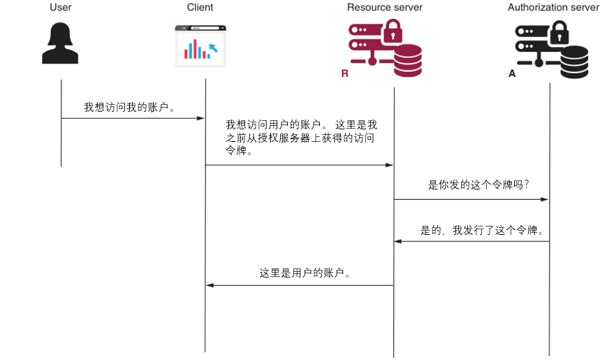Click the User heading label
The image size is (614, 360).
coord(61,8)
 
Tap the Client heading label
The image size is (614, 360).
coord(200,8)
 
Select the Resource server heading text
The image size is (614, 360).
coord(385,8)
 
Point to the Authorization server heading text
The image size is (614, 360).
coord(553,8)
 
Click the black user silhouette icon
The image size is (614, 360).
coord(60,44)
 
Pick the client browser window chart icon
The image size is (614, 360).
coord(200,46)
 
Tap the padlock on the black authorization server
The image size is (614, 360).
coord(559,31)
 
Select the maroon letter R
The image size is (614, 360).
coord(344,73)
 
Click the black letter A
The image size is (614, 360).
coord(512,73)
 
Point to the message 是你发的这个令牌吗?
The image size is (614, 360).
coord(478,185)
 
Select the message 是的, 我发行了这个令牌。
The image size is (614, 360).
coord(482,230)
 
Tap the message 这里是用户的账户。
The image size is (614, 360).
coord(305,273)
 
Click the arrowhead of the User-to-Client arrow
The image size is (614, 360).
coord(200,118)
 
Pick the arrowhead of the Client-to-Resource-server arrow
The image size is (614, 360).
coord(390,165)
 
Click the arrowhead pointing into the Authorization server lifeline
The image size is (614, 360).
coord(545,199)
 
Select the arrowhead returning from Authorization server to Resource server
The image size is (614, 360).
coord(398,241)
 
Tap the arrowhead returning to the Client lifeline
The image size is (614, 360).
coord(210,285)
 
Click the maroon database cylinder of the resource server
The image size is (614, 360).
coord(408,61)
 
